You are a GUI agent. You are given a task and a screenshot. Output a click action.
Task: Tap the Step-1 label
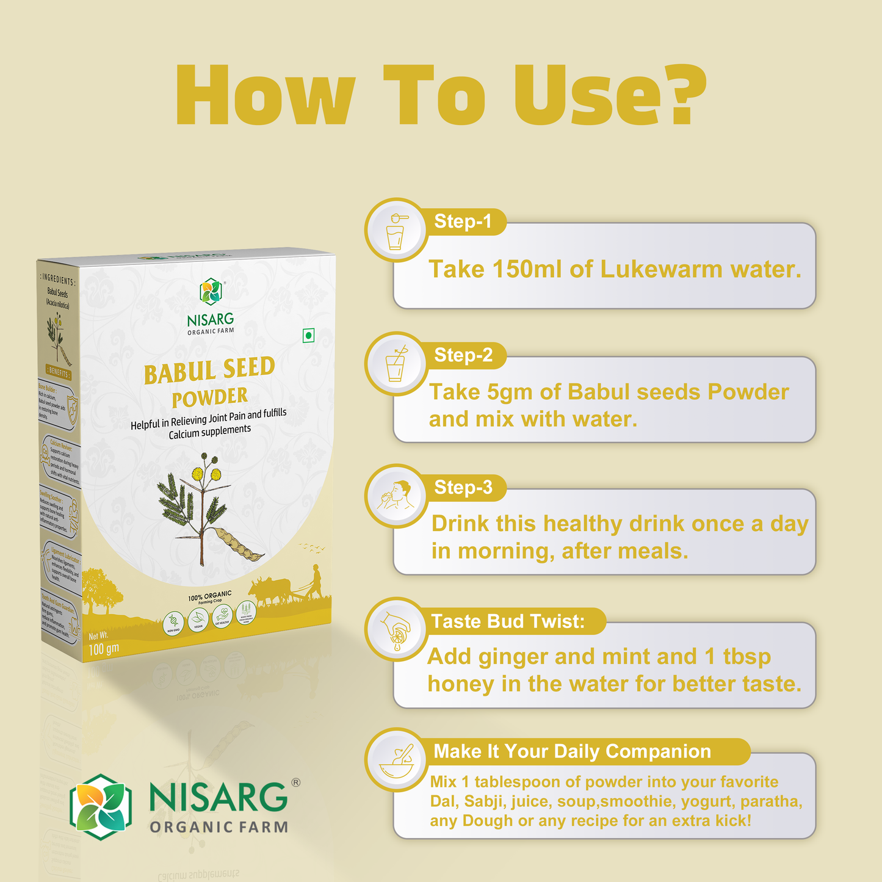463,222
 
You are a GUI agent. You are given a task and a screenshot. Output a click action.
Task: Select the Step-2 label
463,355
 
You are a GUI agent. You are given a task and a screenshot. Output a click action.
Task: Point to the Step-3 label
463,488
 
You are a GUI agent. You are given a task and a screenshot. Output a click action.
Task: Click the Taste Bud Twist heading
508,621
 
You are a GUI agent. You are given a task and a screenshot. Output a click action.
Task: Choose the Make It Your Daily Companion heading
572,751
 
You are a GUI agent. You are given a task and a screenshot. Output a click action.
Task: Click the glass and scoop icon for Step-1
396,231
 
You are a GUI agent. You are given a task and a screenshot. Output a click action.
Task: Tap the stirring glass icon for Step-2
396,364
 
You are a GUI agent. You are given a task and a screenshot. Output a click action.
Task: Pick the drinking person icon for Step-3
396,496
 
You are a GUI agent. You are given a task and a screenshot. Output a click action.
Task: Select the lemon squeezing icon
396,629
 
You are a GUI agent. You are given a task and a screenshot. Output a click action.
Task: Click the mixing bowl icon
396,760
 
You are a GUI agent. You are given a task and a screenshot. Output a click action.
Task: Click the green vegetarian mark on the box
309,335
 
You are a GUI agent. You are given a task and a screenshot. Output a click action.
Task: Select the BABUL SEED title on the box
209,371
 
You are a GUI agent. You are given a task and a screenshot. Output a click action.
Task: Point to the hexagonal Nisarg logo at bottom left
101,807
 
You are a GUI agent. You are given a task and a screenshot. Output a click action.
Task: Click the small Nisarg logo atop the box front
211,292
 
